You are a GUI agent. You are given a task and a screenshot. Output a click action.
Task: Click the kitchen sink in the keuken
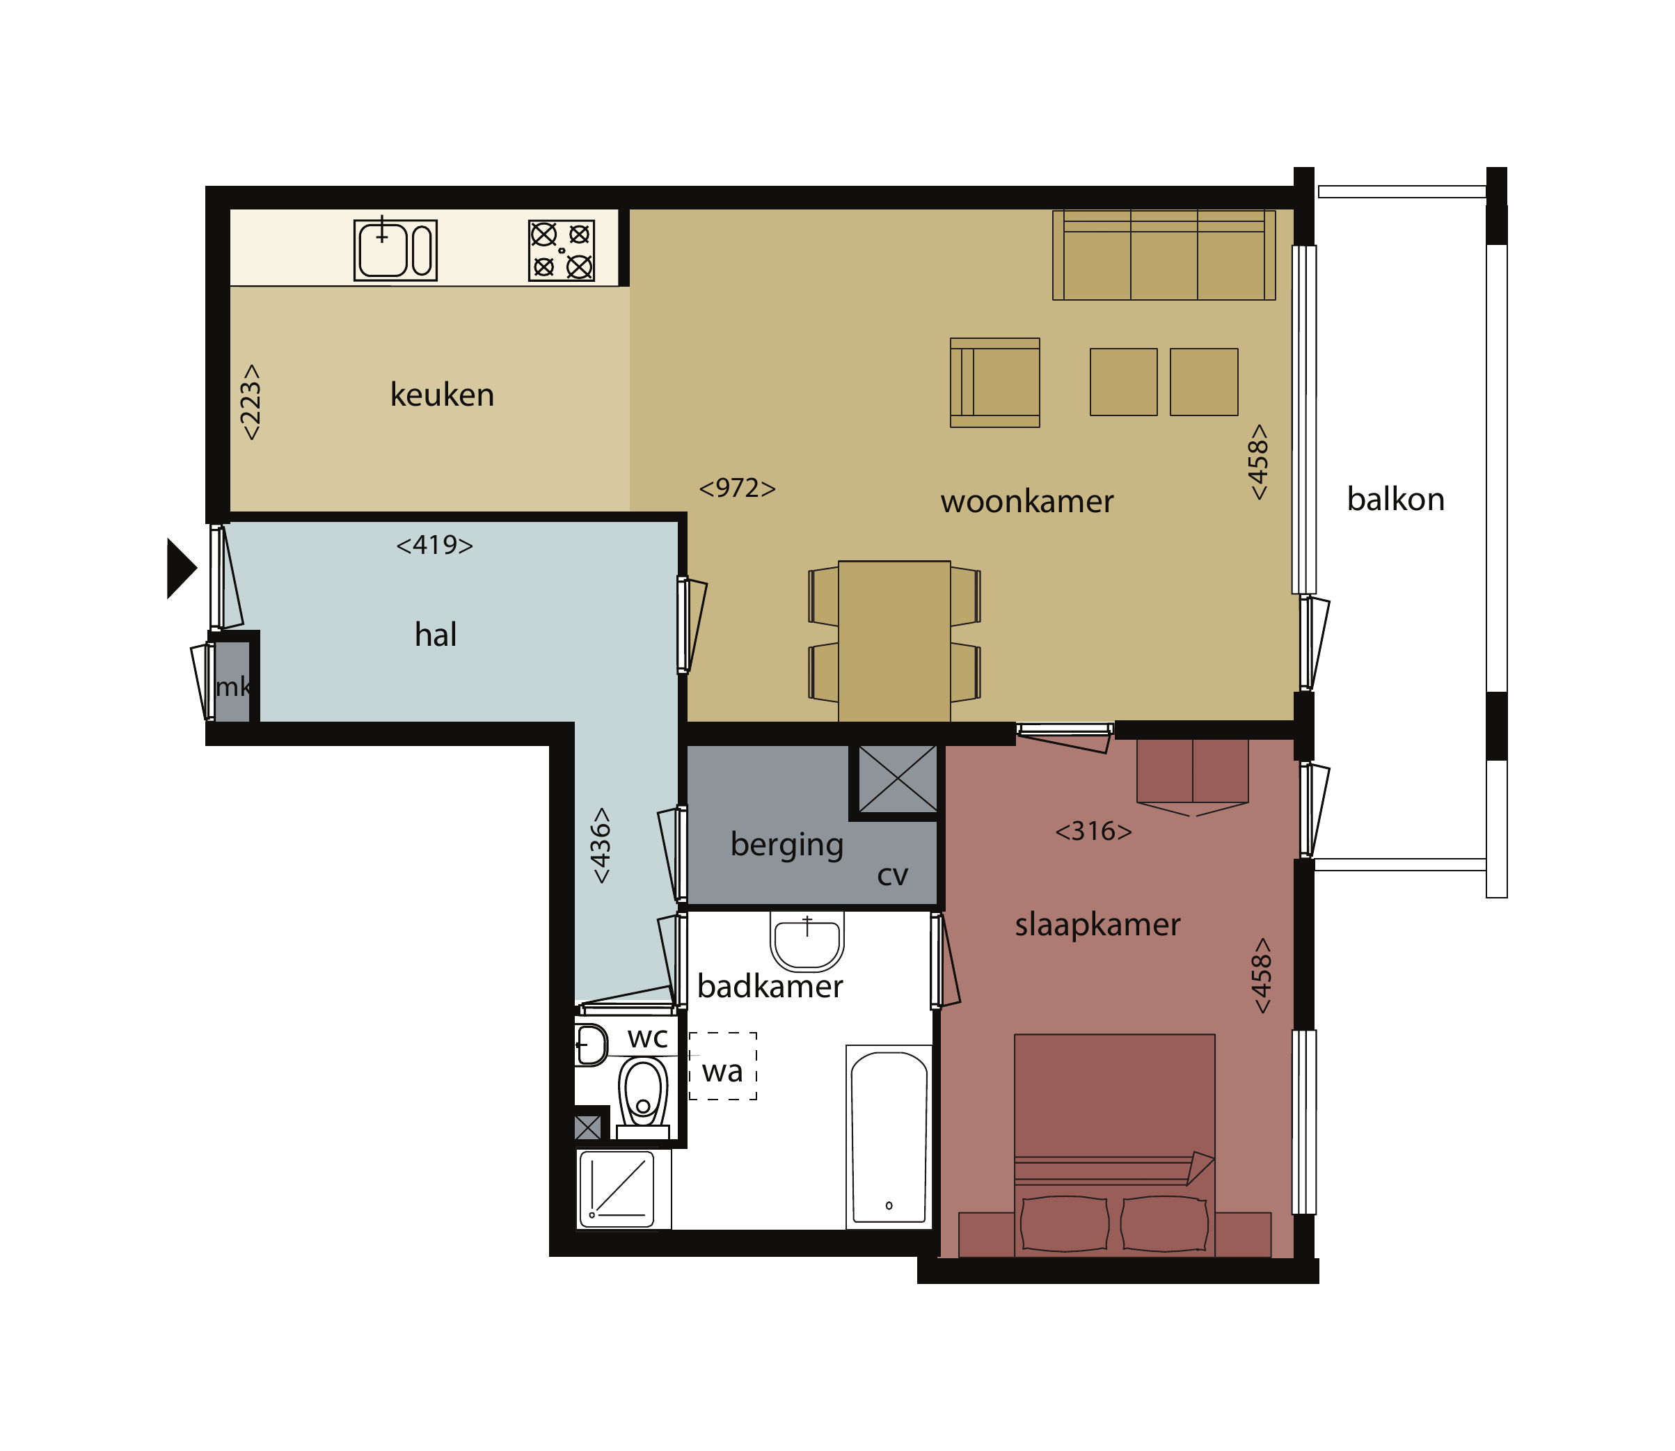tap(395, 251)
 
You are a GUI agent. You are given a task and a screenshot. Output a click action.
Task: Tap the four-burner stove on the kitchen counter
tap(561, 251)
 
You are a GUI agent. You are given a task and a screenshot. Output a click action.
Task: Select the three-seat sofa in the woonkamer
tap(1164, 255)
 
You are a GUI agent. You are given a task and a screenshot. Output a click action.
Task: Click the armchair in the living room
tap(994, 382)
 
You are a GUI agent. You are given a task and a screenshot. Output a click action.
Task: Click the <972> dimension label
tap(737, 489)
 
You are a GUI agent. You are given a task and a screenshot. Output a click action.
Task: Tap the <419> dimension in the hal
tap(434, 545)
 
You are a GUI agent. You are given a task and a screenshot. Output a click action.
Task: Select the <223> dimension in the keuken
tap(251, 402)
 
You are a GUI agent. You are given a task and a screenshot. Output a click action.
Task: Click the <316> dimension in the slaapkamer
tap(1093, 831)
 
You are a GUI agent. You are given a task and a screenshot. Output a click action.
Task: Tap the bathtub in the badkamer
tap(889, 1136)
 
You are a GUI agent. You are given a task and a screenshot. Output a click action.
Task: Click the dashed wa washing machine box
tap(722, 1065)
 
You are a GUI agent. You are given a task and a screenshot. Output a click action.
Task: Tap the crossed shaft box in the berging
tap(897, 779)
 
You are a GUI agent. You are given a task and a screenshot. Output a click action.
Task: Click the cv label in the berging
tap(892, 875)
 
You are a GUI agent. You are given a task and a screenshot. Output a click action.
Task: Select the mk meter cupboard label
tap(233, 687)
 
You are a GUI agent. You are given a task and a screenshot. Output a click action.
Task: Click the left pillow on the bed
tap(1064, 1223)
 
